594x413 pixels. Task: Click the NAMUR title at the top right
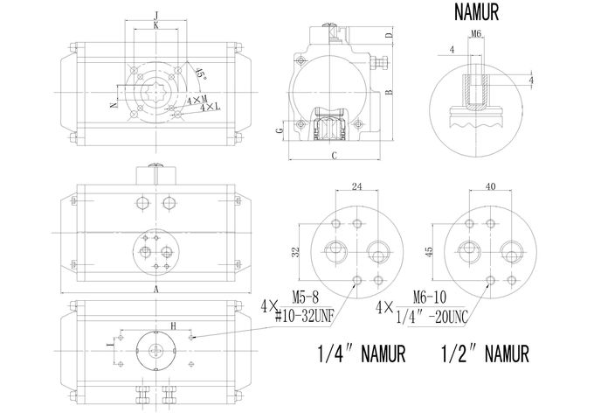(476, 12)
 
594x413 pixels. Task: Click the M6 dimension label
(476, 34)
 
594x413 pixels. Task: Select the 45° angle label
(201, 73)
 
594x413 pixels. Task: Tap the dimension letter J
(155, 15)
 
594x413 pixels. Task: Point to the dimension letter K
(155, 25)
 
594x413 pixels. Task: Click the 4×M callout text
(197, 101)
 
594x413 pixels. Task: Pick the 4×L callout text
(211, 108)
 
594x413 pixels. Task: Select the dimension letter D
(389, 35)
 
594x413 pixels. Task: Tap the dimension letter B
(389, 92)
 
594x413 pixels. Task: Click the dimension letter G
(280, 130)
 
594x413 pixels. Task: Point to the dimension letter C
(334, 155)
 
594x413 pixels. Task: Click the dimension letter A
(155, 290)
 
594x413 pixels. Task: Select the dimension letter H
(174, 325)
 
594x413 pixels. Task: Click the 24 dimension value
(357, 186)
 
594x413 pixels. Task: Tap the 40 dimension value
(490, 186)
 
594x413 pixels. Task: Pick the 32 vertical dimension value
(296, 252)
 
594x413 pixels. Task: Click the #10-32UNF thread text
(304, 316)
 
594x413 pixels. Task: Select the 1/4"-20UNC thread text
(432, 316)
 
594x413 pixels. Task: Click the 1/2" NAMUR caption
(485, 353)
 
